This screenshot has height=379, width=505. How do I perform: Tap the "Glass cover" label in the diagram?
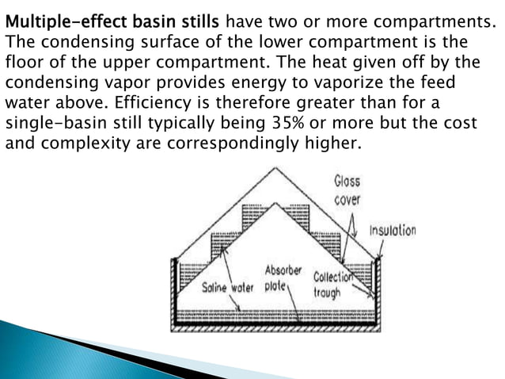point(347,190)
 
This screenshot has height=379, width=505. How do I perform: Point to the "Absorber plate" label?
point(283,278)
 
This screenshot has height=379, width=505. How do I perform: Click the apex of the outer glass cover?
point(275,168)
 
